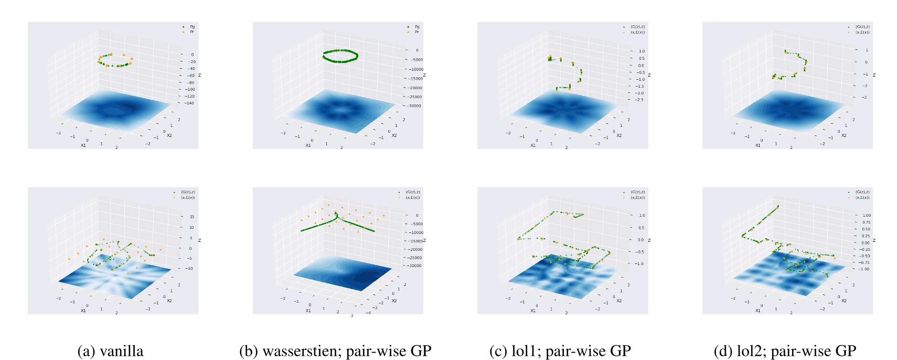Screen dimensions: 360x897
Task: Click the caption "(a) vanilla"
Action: pos(110,351)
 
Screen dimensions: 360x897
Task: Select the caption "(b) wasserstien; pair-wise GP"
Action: pos(335,351)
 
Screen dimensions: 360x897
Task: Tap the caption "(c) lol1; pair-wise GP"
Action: pos(560,351)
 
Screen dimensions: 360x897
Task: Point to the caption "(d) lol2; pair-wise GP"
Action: pos(785,351)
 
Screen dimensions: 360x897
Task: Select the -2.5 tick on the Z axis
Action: pos(639,100)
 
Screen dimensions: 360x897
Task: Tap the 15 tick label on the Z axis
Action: pos(191,216)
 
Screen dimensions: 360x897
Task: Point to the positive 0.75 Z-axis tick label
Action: pos(866,222)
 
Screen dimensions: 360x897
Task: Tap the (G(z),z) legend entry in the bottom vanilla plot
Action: pos(188,192)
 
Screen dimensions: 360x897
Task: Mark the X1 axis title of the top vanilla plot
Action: pos(83,145)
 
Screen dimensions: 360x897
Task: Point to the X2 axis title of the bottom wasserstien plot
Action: pos(394,301)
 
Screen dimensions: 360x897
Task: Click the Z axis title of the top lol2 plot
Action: pos(874,75)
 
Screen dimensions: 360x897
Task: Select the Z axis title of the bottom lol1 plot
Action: pos(649,240)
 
